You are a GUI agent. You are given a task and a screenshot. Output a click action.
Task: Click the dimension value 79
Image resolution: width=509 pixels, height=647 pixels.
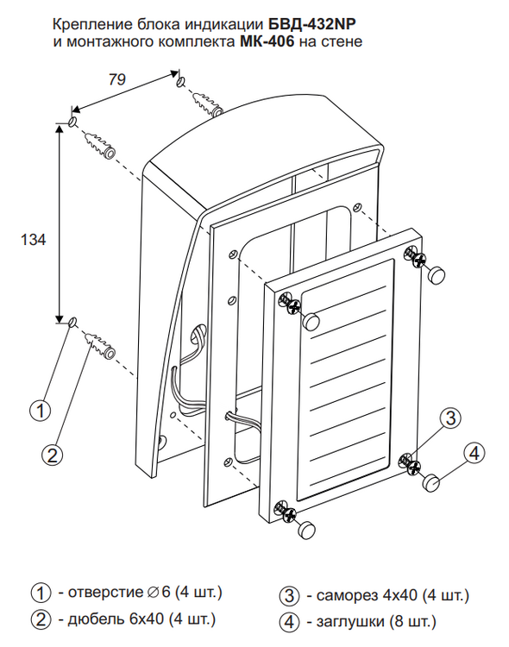pyautogui.click(x=116, y=79)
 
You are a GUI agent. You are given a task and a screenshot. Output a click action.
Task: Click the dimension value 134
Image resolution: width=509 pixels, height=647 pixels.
pyautogui.click(x=33, y=240)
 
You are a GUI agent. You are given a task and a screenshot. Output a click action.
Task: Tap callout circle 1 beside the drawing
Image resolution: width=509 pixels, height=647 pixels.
pyautogui.click(x=41, y=411)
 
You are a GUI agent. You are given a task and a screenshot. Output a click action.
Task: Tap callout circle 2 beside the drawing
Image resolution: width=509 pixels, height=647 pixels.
pyautogui.click(x=53, y=455)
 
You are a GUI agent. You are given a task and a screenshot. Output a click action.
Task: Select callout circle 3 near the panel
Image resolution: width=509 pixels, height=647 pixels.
pyautogui.click(x=450, y=418)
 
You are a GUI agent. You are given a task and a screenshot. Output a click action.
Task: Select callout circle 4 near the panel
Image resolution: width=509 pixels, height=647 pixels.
pyautogui.click(x=474, y=453)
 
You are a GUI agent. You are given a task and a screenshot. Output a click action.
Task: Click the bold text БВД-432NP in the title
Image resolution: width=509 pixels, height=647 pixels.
pyautogui.click(x=312, y=25)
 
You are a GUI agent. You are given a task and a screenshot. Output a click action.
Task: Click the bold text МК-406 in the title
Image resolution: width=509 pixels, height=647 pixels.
pyautogui.click(x=267, y=41)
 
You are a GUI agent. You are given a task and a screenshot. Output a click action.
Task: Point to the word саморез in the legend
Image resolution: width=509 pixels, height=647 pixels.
pyautogui.click(x=347, y=595)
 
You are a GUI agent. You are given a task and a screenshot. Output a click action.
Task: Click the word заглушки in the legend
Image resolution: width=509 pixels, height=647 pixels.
pyautogui.click(x=349, y=621)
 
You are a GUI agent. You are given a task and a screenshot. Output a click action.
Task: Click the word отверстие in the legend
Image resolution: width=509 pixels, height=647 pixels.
pyautogui.click(x=105, y=593)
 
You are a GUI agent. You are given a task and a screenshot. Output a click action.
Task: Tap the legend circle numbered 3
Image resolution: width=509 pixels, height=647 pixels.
pyautogui.click(x=289, y=596)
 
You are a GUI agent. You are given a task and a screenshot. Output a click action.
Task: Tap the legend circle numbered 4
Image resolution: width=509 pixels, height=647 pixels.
pyautogui.click(x=289, y=622)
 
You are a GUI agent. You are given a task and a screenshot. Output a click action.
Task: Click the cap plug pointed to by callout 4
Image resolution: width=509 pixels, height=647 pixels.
pyautogui.click(x=432, y=482)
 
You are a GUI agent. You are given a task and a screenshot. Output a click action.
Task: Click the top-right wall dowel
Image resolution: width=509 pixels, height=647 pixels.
pyautogui.click(x=208, y=104)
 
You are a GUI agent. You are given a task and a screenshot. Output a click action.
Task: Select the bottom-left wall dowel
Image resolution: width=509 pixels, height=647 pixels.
pyautogui.click(x=100, y=345)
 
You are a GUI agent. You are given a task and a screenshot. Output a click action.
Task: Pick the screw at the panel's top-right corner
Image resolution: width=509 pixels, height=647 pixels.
pyautogui.click(x=415, y=257)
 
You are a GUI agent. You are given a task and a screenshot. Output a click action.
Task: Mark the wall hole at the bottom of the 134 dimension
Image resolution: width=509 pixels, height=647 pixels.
pyautogui.click(x=72, y=322)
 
